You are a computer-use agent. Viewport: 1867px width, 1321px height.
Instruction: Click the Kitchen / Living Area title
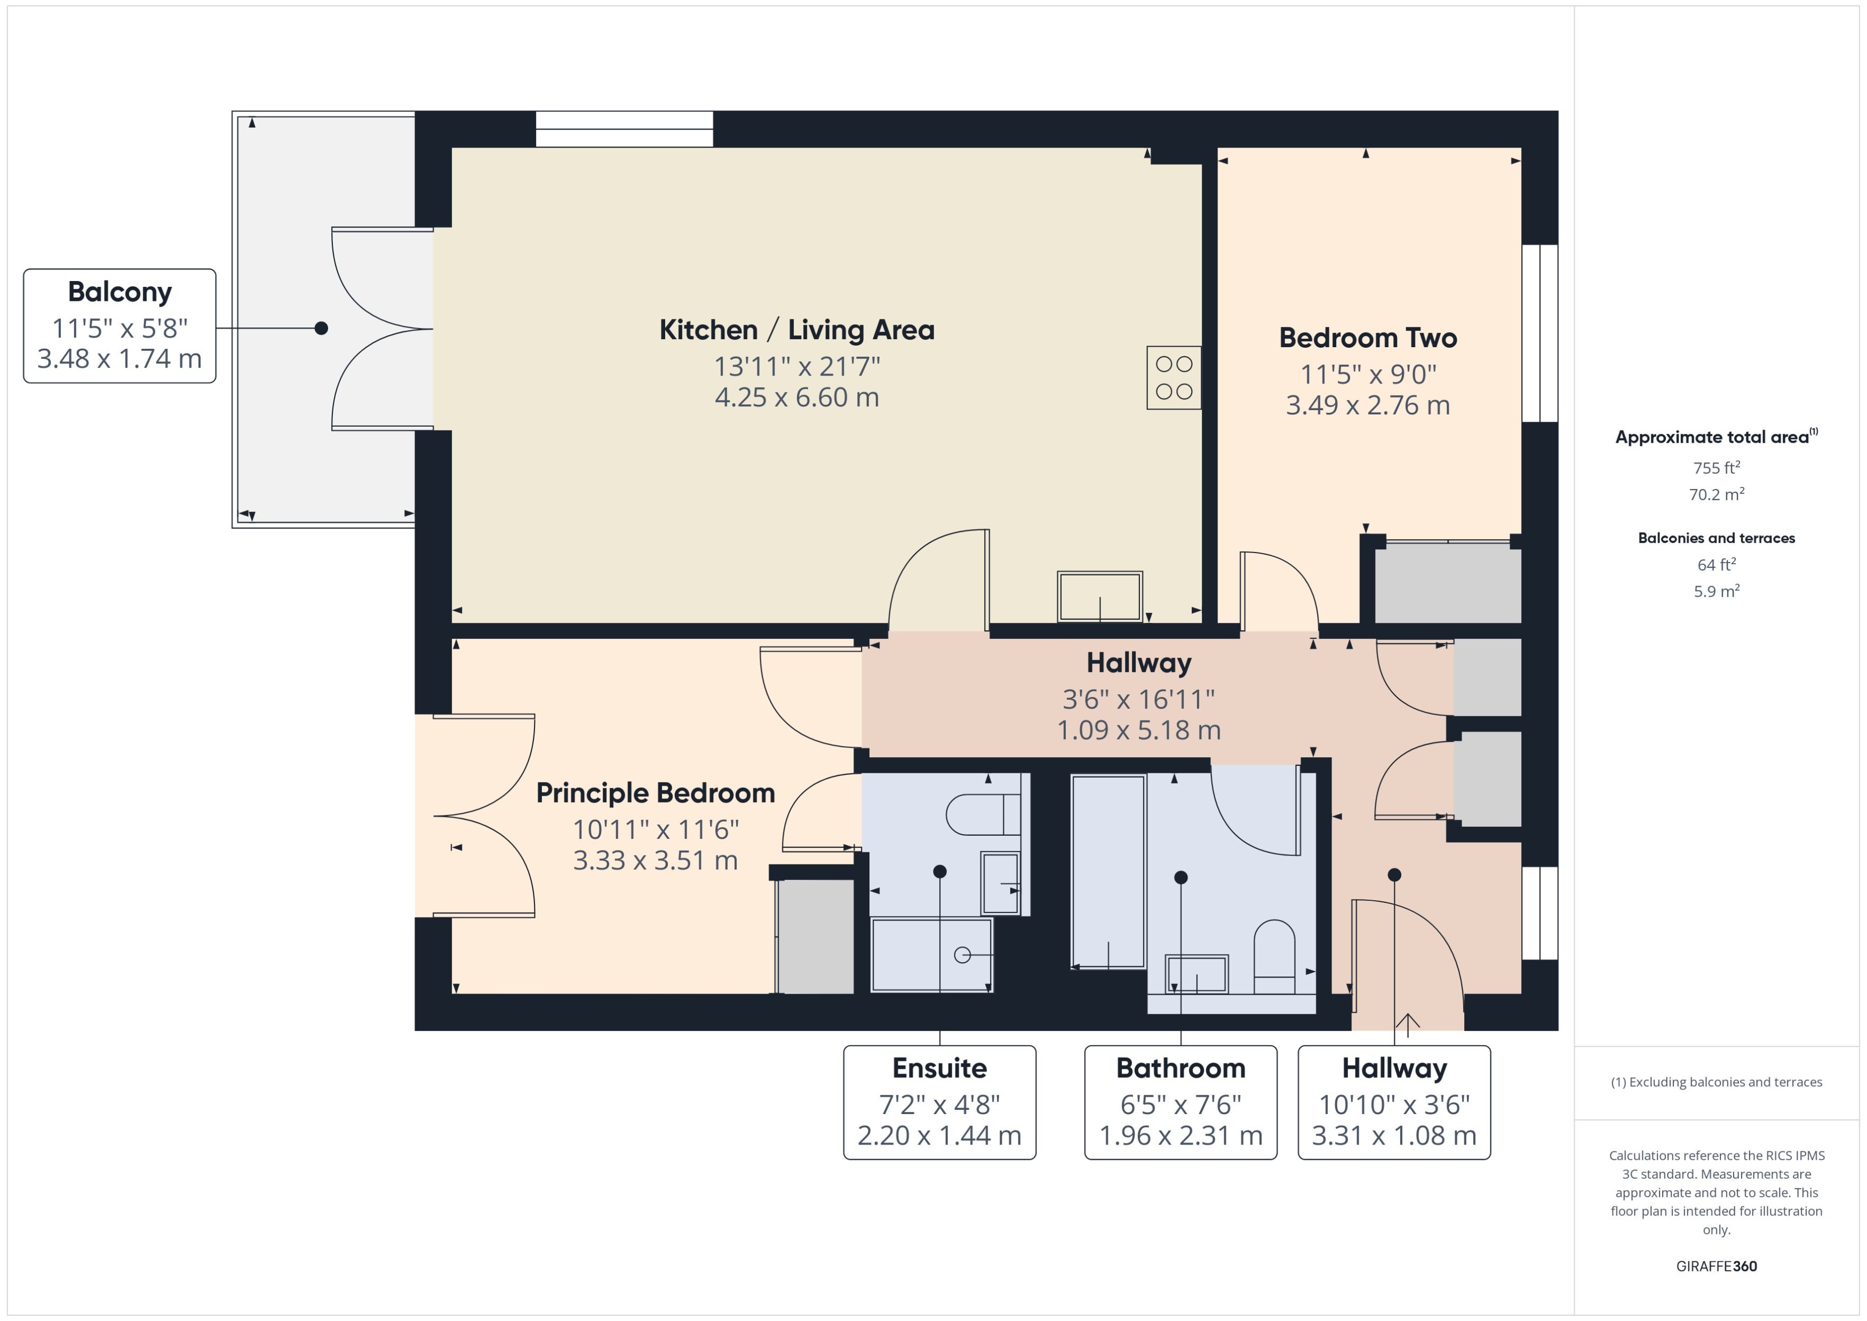[x=796, y=330]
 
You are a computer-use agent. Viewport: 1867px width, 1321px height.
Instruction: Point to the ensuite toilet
[x=982, y=814]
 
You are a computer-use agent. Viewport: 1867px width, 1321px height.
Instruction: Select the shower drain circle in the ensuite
[x=962, y=955]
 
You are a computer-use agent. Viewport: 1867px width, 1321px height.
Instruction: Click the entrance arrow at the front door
[x=1408, y=1022]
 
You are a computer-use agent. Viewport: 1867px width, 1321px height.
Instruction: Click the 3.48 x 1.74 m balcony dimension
[x=119, y=359]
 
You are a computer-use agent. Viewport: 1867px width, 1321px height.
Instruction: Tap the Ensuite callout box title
[x=939, y=1068]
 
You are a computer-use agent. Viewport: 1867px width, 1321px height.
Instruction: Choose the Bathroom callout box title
[x=1180, y=1068]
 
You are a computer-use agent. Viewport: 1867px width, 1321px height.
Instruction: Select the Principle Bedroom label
[x=655, y=793]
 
